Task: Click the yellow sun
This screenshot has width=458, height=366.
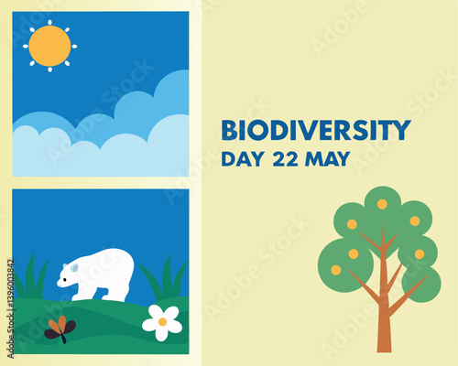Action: [49, 46]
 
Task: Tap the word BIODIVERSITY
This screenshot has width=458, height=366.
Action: [315, 130]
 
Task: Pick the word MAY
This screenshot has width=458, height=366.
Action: [328, 158]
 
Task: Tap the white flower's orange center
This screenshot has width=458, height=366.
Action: [162, 321]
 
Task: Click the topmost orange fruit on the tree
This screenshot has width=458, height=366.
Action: [382, 204]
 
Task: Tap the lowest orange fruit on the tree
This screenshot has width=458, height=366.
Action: [335, 269]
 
